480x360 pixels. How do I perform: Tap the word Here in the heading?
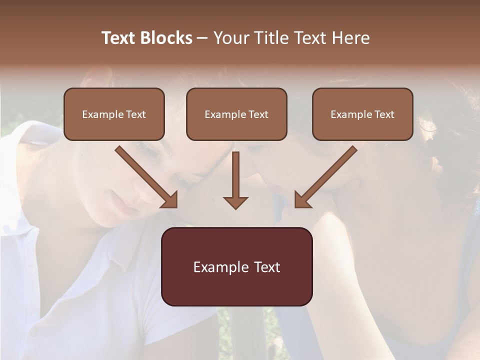click(350, 38)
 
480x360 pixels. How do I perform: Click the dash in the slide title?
click(202, 38)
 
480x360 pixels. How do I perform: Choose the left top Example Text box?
click(114, 114)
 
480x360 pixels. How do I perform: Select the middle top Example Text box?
click(236, 114)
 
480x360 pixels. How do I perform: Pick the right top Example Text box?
click(362, 114)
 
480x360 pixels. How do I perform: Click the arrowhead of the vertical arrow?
click(235, 202)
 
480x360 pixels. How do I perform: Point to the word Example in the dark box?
click(216, 267)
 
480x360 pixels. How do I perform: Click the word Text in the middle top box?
click(258, 114)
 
